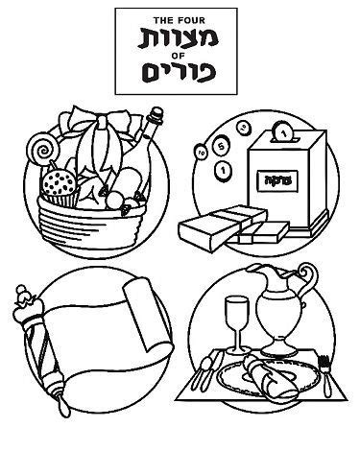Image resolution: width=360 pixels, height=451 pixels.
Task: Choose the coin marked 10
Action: (201, 151)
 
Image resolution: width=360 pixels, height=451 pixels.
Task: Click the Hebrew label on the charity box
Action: (273, 177)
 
